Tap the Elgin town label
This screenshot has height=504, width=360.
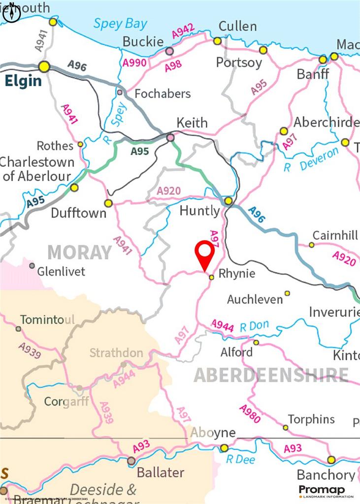click(x=23, y=81)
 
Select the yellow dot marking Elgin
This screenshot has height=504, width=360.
click(x=44, y=66)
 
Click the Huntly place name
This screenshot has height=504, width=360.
click(x=199, y=211)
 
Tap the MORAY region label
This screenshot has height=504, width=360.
click(x=79, y=252)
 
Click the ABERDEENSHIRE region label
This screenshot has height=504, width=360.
click(x=270, y=375)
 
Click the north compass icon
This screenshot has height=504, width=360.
click(x=11, y=14)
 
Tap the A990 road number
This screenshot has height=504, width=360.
click(x=134, y=63)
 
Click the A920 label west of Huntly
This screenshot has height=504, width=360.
click(x=168, y=191)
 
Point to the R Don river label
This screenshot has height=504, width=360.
click(x=254, y=326)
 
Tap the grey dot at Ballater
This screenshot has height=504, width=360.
click(x=131, y=461)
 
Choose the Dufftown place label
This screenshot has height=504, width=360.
click(x=78, y=214)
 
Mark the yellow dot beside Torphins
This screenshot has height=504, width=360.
click(x=286, y=427)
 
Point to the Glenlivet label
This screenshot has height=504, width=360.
click(x=61, y=271)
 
